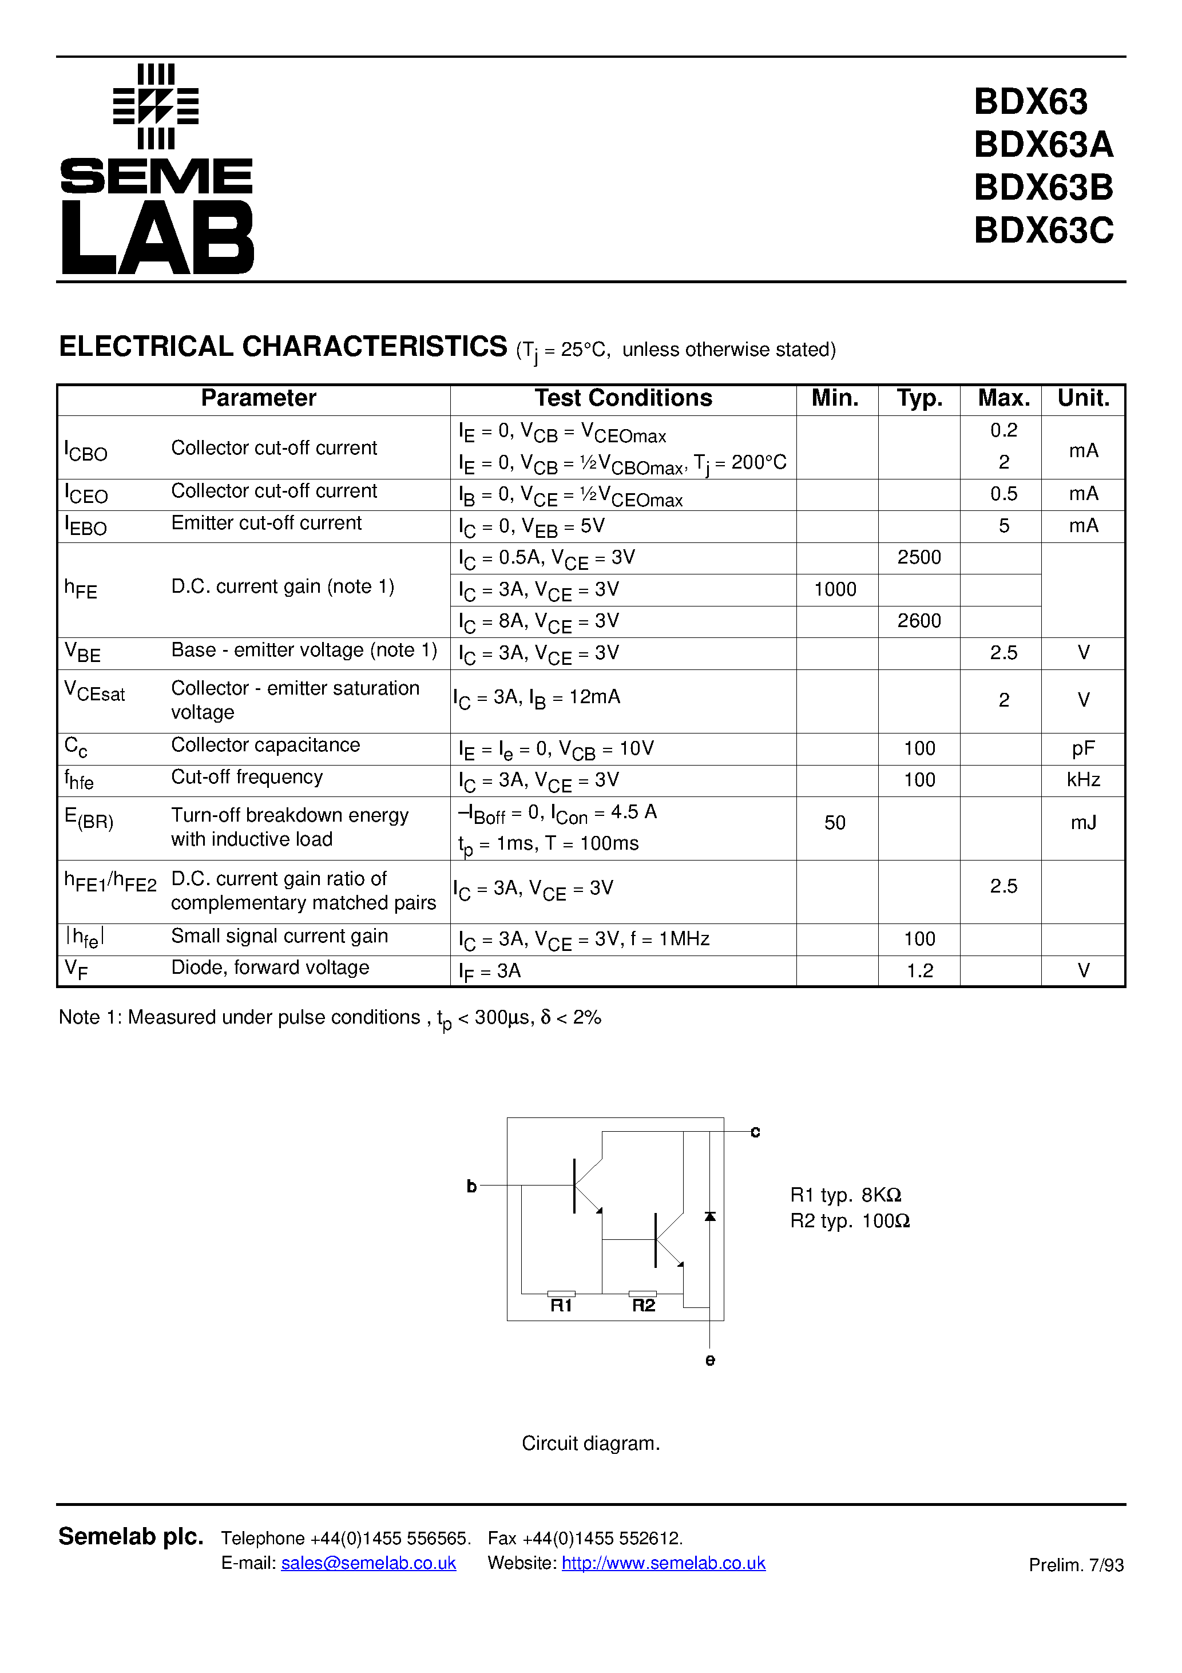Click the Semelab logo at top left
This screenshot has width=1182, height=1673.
[156, 169]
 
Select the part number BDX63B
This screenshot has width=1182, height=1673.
[1043, 187]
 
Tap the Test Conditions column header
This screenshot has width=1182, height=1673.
[623, 398]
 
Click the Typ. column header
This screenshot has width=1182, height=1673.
[919, 398]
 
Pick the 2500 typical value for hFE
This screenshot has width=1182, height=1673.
[919, 557]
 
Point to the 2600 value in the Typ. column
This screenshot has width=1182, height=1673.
[919, 621]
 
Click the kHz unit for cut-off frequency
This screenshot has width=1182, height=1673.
[1083, 780]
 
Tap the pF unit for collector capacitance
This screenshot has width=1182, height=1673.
[1083, 748]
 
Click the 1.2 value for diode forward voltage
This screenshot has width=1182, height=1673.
[919, 970]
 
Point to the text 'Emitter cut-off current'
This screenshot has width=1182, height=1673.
[266, 523]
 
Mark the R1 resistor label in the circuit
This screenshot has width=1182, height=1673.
[561, 1306]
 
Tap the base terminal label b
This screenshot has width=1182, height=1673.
[471, 1186]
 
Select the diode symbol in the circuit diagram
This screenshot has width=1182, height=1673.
[710, 1217]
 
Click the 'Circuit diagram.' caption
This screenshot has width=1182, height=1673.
[590, 1444]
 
